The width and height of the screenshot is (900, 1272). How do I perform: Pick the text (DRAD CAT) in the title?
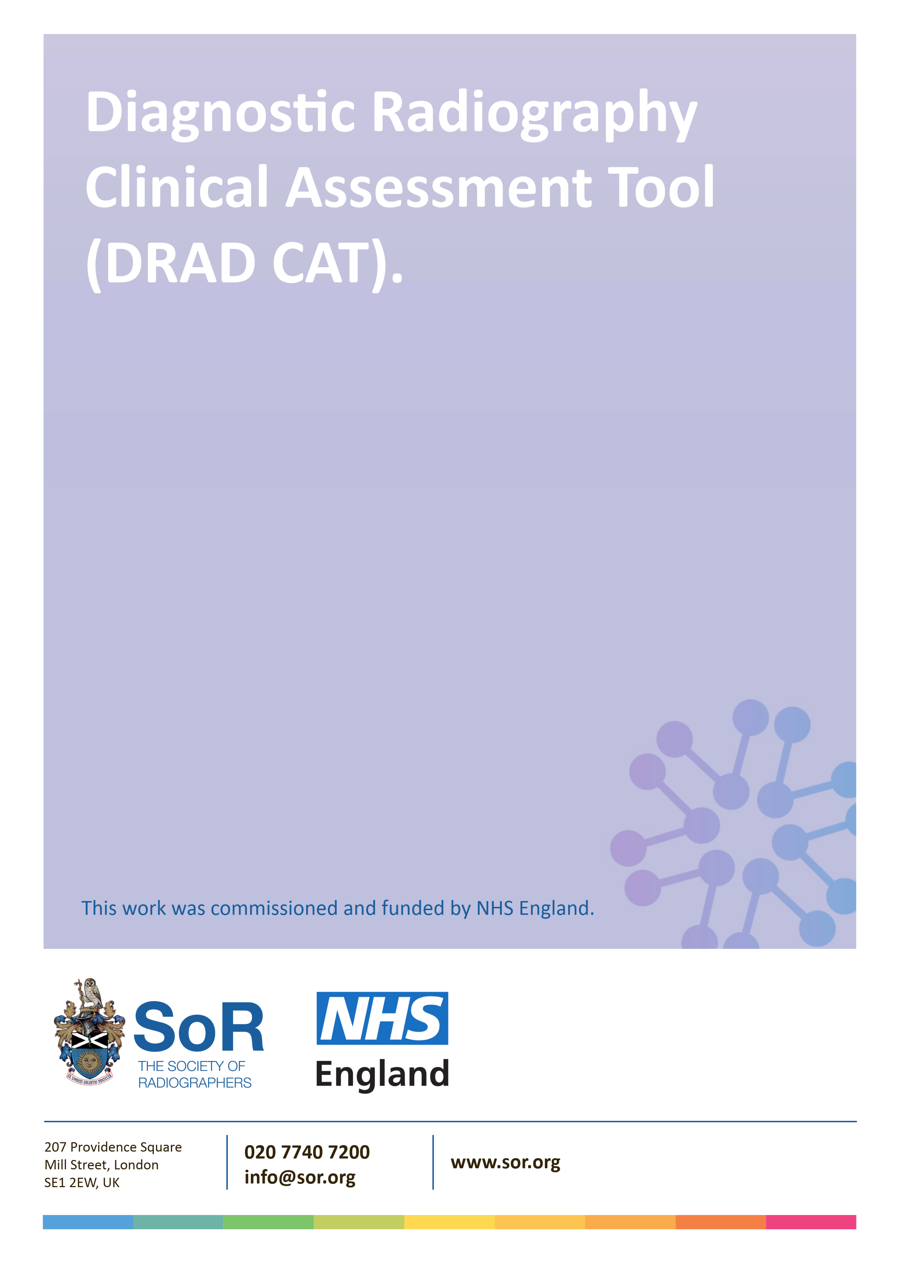[239, 263]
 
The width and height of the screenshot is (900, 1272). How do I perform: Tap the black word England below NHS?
[382, 1074]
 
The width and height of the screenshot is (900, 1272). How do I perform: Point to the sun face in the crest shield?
[89, 1061]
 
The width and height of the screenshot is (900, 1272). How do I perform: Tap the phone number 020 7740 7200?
[307, 1152]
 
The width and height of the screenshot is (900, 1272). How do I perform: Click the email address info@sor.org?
[300, 1177]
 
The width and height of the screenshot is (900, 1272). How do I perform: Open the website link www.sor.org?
[505, 1162]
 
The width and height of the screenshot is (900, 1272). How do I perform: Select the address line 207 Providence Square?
[113, 1147]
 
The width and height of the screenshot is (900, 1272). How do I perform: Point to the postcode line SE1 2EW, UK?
[82, 1183]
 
